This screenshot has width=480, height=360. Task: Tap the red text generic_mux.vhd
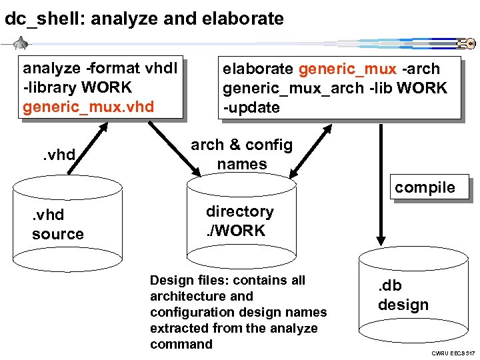[88, 107]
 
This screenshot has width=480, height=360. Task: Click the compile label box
[425, 187]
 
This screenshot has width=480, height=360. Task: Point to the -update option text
[251, 108]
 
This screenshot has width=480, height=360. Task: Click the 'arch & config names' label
[241, 155]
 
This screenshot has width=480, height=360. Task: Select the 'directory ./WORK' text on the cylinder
[239, 221]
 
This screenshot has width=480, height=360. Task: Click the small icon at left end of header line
[21, 44]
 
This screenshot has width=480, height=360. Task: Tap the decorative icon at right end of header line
[465, 45]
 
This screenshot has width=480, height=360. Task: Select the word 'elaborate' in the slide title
[246, 19]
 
